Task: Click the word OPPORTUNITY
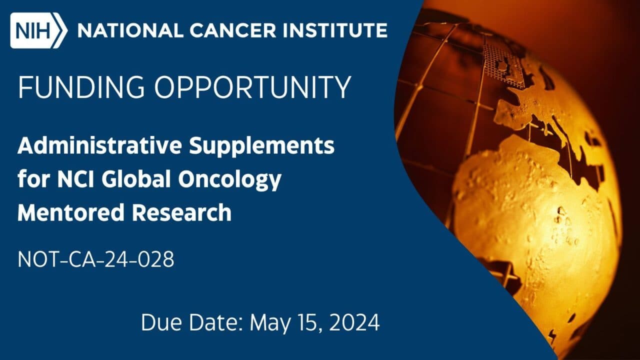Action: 252,88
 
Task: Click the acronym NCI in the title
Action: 69,179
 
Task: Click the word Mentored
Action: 70,212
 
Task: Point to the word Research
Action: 181,212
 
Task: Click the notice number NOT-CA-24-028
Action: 96,260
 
